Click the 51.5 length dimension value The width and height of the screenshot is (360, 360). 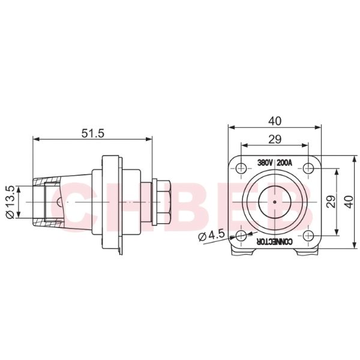[x=92, y=133]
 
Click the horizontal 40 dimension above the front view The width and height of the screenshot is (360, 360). [x=274, y=121]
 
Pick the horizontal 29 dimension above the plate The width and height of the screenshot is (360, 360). [x=274, y=139]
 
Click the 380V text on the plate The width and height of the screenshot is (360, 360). [x=265, y=163]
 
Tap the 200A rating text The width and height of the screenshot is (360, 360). [x=285, y=163]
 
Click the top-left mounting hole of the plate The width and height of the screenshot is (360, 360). [x=241, y=167]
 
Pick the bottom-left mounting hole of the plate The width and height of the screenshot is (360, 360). [x=241, y=235]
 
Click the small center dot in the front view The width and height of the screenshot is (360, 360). [x=274, y=202]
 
